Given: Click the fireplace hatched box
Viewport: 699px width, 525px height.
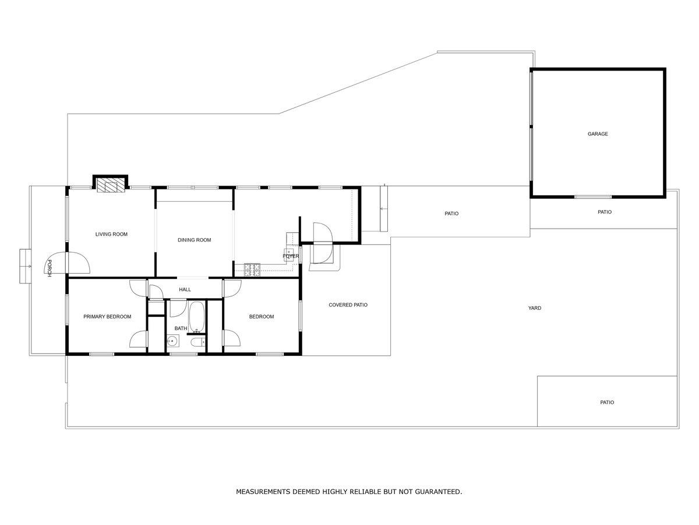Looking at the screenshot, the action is tap(110, 185).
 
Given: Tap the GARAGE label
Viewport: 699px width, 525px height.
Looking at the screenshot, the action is tap(598, 134).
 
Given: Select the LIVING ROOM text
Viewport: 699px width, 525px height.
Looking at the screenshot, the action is tap(111, 235).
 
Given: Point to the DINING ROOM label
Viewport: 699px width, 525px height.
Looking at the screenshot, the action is tap(194, 240).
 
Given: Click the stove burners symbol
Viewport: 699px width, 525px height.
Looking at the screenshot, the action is tap(252, 269).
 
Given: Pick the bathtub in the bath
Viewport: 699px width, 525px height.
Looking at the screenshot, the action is tap(197, 317).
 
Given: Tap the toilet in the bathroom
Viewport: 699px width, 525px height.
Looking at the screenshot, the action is tap(197, 342).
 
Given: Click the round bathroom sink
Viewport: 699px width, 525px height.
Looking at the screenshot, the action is tap(172, 341).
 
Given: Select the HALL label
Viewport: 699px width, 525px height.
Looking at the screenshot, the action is tap(185, 289).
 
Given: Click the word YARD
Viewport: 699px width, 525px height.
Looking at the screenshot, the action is tap(534, 308).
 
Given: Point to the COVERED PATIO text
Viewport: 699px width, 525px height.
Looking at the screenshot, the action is tap(348, 305).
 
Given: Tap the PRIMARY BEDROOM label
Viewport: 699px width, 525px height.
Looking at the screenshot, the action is tap(107, 317).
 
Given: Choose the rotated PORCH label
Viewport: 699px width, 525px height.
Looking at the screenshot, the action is tap(49, 268).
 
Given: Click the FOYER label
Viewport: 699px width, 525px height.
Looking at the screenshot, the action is tap(291, 256).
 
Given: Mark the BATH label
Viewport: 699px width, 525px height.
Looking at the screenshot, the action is tap(181, 328).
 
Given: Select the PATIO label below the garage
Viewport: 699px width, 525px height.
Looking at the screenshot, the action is tap(605, 212).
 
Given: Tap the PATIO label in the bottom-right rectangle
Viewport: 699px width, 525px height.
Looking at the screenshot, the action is tap(607, 402).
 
